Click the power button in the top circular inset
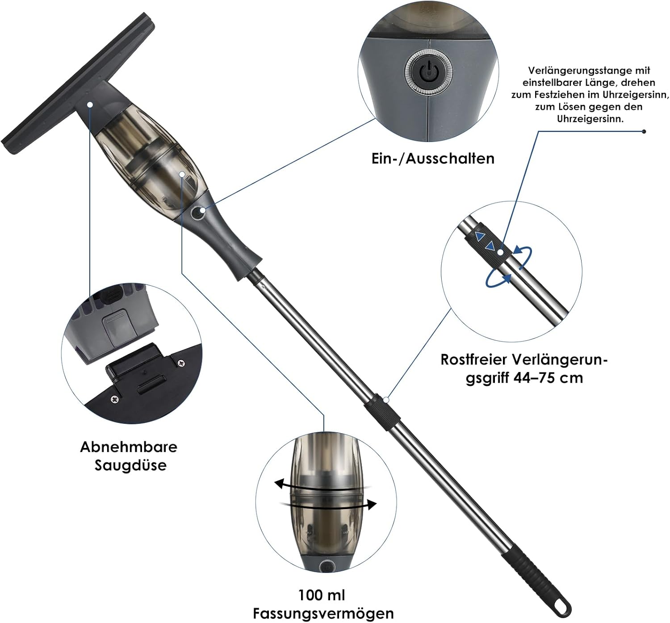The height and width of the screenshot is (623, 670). (428, 72)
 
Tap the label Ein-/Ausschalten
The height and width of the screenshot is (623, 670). (433, 159)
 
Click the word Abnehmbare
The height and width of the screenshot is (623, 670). (129, 447)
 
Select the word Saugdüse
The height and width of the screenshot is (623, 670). (130, 465)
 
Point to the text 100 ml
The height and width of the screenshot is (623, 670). (322, 595)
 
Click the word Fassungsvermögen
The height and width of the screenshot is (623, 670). (323, 613)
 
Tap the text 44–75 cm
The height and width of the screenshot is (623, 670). (548, 378)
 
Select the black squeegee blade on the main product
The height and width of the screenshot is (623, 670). (78, 84)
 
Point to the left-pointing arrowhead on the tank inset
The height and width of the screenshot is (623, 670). (280, 484)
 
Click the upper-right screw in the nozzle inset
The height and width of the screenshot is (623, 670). (181, 363)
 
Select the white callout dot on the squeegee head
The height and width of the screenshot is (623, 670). (90, 105)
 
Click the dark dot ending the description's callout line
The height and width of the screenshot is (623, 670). (644, 132)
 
